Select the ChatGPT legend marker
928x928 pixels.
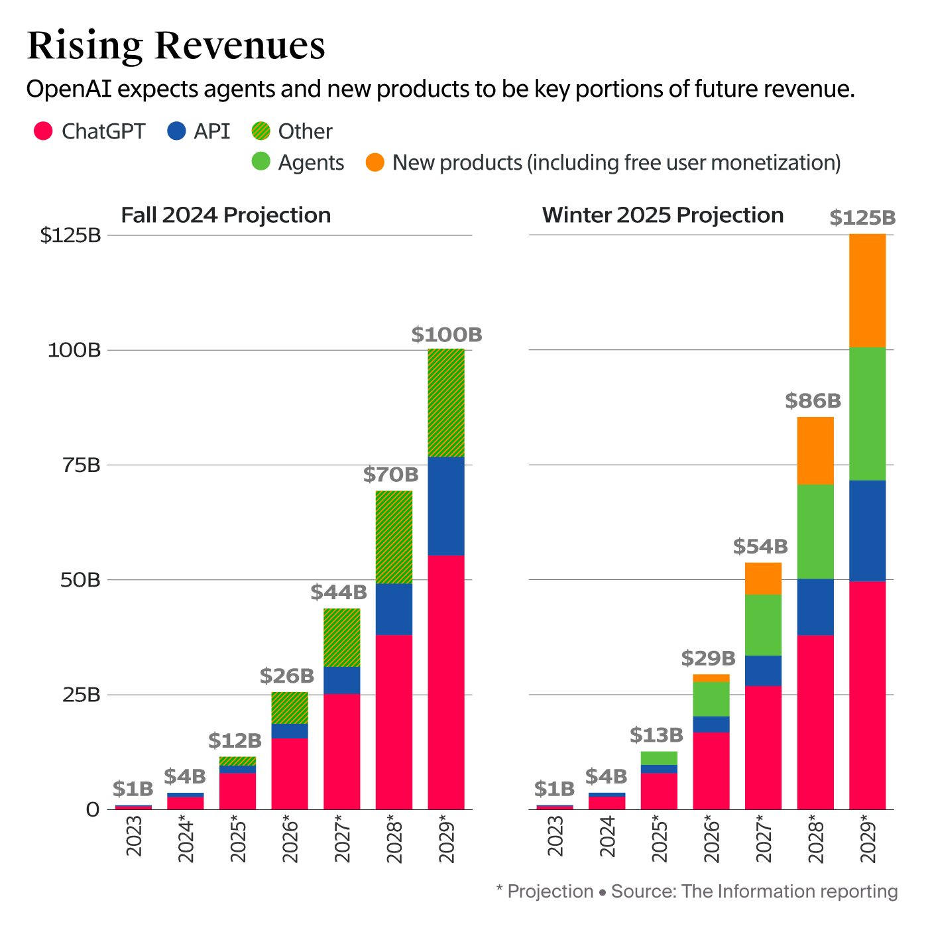point(43,131)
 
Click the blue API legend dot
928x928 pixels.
point(176,131)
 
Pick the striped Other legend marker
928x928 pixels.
point(261,131)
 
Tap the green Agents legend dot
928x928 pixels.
point(261,162)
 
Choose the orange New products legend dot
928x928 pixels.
point(375,162)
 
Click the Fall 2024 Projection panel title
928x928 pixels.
point(225,215)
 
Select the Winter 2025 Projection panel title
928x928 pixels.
point(663,215)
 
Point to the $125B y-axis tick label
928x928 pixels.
point(70,235)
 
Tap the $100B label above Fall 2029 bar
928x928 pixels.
point(446,335)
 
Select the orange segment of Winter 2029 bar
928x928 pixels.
point(867,290)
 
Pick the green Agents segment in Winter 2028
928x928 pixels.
point(815,532)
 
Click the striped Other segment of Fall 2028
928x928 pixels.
point(394,537)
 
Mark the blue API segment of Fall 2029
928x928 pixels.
point(446,506)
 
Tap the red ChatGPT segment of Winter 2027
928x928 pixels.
point(763,748)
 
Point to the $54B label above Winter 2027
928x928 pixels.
point(760,547)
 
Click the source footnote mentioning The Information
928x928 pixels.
point(697,892)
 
